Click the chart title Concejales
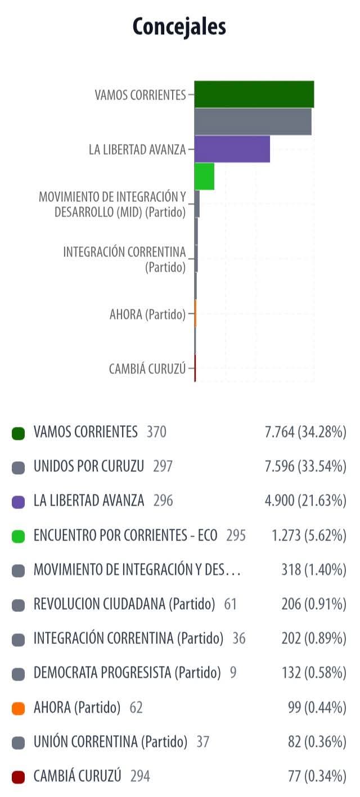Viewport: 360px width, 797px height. [x=179, y=26]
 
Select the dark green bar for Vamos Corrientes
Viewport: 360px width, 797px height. [x=254, y=94]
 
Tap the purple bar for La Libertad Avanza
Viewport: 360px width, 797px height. [x=232, y=149]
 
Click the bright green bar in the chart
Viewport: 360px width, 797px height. [x=204, y=176]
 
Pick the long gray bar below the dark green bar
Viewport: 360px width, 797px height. [x=253, y=121]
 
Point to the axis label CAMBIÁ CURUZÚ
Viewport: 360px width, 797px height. [x=147, y=369]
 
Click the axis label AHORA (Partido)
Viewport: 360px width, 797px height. [x=147, y=314]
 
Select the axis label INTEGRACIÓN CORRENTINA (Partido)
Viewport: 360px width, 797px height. [x=124, y=259]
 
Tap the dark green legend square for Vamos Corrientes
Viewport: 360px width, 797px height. [x=18, y=433]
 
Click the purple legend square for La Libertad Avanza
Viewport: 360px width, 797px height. [x=18, y=502]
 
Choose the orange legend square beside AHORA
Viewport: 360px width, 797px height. [x=18, y=708]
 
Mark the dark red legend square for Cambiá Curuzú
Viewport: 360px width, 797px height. [x=18, y=777]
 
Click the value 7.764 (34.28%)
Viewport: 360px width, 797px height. [x=305, y=432]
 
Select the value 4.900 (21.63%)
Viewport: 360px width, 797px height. [x=305, y=501]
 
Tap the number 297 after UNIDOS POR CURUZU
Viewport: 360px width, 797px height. [x=163, y=466]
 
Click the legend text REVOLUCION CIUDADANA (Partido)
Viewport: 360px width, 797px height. [x=124, y=604]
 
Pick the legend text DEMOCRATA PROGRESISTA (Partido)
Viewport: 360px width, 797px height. [x=127, y=673]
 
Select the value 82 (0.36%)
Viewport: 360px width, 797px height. [x=317, y=742]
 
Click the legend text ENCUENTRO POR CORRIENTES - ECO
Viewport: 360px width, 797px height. [x=125, y=535]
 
